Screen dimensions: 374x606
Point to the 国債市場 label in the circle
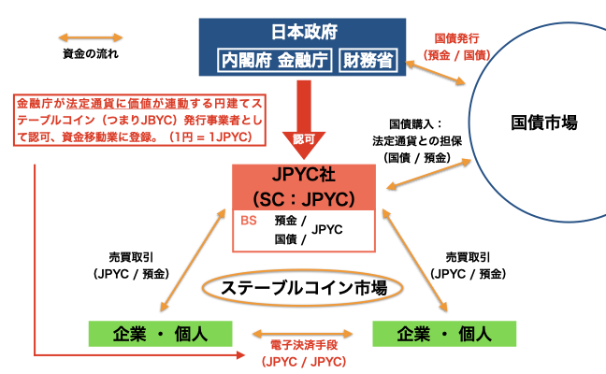point(544,122)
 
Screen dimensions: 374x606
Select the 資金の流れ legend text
point(92,53)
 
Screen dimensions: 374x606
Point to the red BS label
point(249,222)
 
